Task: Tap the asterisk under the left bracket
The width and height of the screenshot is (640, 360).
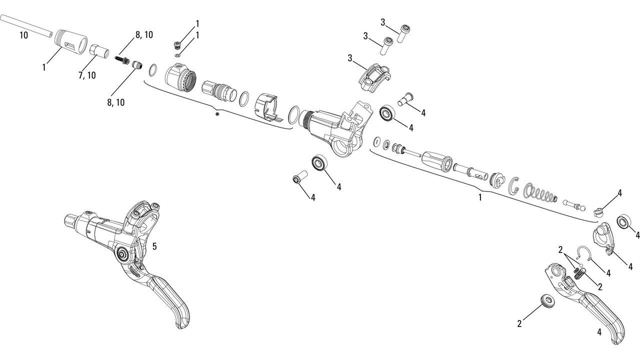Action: click(x=217, y=115)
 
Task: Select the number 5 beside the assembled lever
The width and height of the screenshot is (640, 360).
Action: click(x=154, y=246)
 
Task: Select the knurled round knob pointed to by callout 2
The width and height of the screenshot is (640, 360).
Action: click(x=546, y=301)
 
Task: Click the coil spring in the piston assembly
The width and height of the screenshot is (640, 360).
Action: click(x=539, y=193)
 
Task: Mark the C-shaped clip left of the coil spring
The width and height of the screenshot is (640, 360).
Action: click(x=514, y=186)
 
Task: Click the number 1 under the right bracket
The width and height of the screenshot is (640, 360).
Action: click(x=480, y=197)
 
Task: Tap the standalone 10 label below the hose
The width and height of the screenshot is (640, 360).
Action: click(x=23, y=35)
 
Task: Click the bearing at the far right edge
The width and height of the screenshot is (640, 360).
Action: click(x=624, y=221)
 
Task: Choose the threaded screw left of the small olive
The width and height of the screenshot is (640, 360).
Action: click(x=122, y=59)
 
